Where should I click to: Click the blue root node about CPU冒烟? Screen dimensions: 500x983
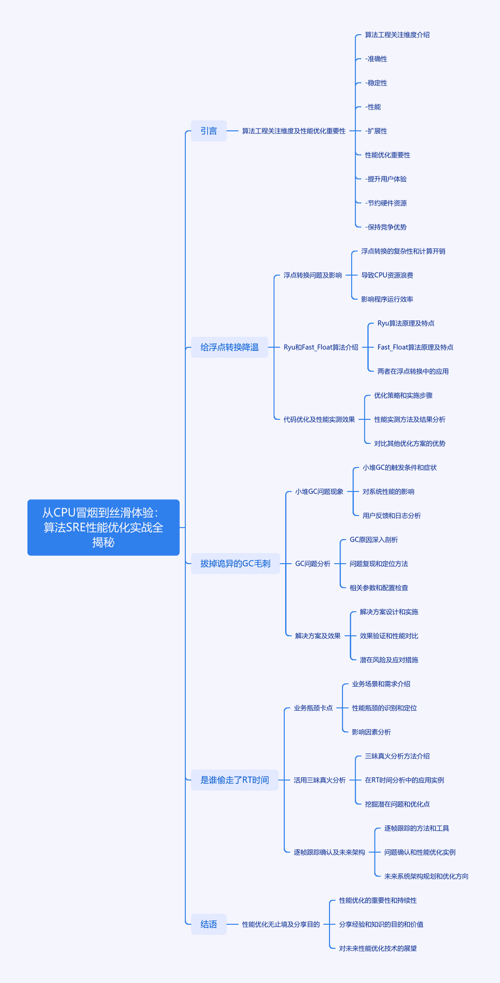tap(103, 527)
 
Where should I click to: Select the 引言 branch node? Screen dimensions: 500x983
tap(209, 131)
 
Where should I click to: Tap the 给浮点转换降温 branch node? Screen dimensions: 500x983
tap(230, 347)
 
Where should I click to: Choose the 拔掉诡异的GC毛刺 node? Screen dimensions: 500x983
tap(235, 564)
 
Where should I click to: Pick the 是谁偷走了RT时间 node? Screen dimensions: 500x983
tap(235, 780)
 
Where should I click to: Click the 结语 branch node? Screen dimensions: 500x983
tap(209, 924)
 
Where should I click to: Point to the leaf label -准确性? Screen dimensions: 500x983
tap(376, 59)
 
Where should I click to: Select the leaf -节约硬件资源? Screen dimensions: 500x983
tap(386, 203)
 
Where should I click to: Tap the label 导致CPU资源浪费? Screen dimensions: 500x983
tap(387, 275)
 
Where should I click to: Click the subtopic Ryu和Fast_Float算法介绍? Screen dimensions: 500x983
tap(321, 347)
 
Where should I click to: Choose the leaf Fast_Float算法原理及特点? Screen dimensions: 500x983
tap(415, 347)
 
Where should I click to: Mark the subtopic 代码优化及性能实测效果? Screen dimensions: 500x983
tap(319, 420)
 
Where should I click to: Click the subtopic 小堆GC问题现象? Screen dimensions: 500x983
tap(319, 491)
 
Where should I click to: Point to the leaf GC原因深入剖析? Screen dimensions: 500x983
tap(374, 540)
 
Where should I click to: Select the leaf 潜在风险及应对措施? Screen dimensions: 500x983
tap(389, 660)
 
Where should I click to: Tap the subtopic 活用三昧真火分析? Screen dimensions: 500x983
tap(319, 780)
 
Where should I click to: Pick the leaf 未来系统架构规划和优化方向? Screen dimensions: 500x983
tap(426, 876)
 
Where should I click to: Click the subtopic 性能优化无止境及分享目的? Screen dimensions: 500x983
tap(281, 924)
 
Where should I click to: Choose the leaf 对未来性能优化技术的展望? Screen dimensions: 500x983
tap(378, 948)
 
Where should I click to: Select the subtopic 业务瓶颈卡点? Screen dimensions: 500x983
tap(313, 708)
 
